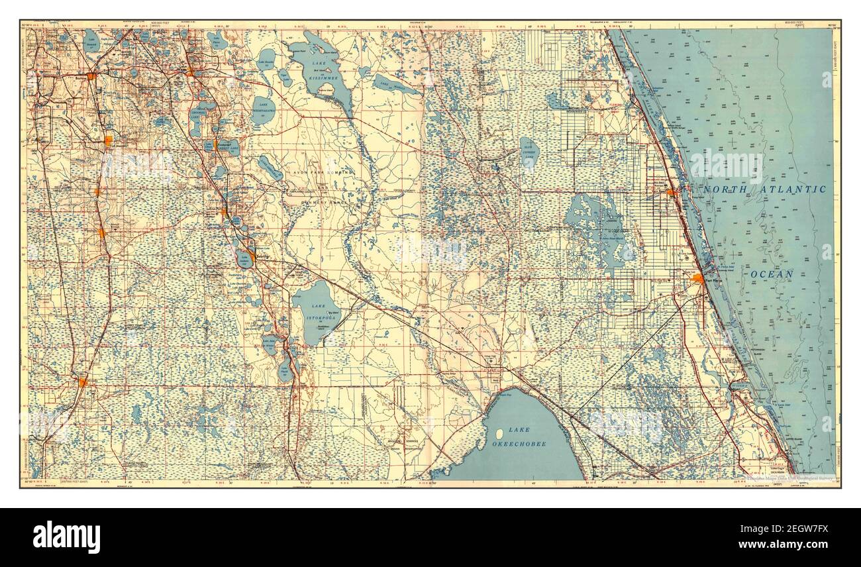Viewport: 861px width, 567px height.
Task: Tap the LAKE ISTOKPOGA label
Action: pos(314,311)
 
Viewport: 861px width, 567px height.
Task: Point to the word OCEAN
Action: pos(772,274)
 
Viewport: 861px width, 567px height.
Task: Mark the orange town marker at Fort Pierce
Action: pos(697,279)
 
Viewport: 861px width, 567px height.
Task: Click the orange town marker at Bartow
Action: pos(91,77)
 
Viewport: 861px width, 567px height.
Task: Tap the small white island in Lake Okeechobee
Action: pos(499,434)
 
